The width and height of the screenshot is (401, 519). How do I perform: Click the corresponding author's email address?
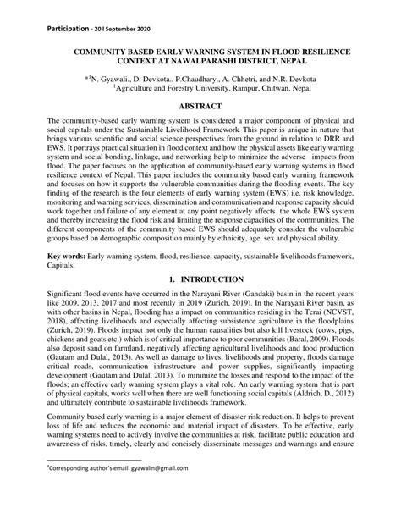tap(152, 489)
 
